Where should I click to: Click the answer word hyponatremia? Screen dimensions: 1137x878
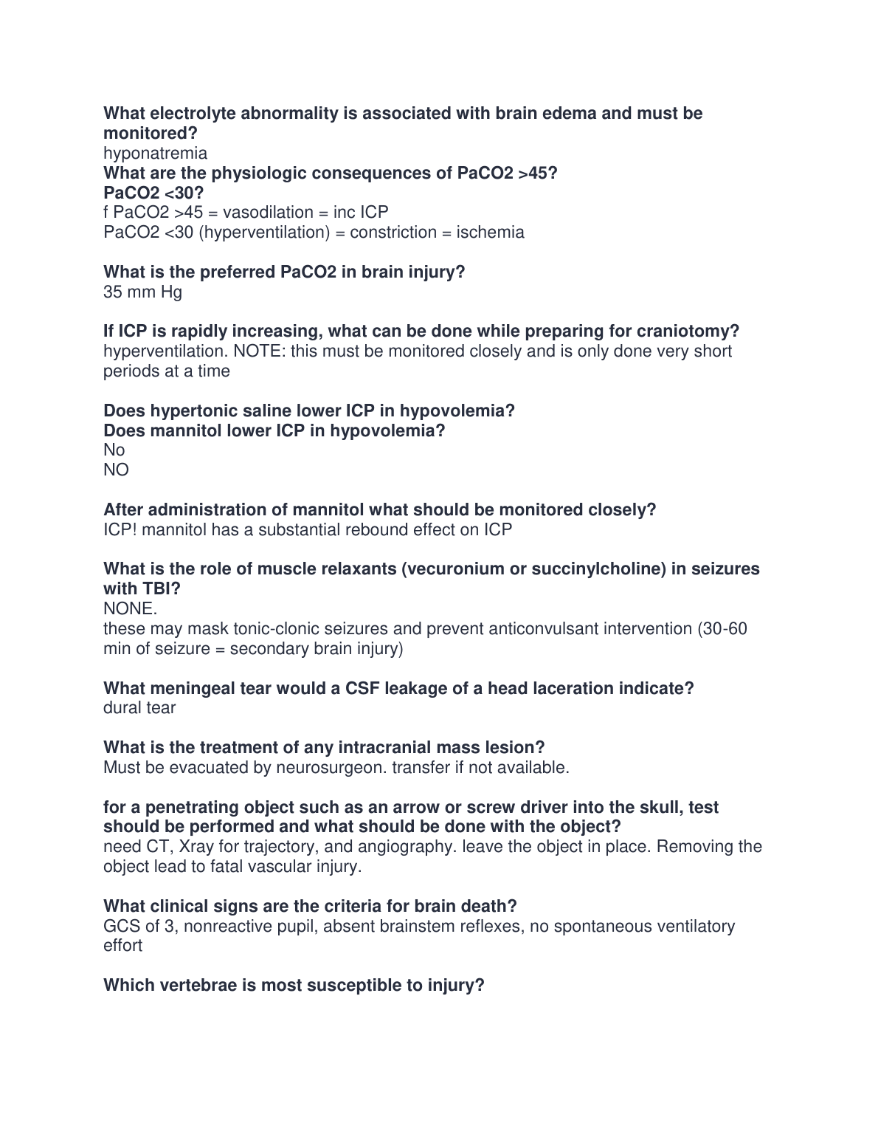(155, 154)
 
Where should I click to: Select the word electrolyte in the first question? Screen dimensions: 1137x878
(192, 114)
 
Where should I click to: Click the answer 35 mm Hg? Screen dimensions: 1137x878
(142, 292)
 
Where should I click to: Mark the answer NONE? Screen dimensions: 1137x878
(130, 609)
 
